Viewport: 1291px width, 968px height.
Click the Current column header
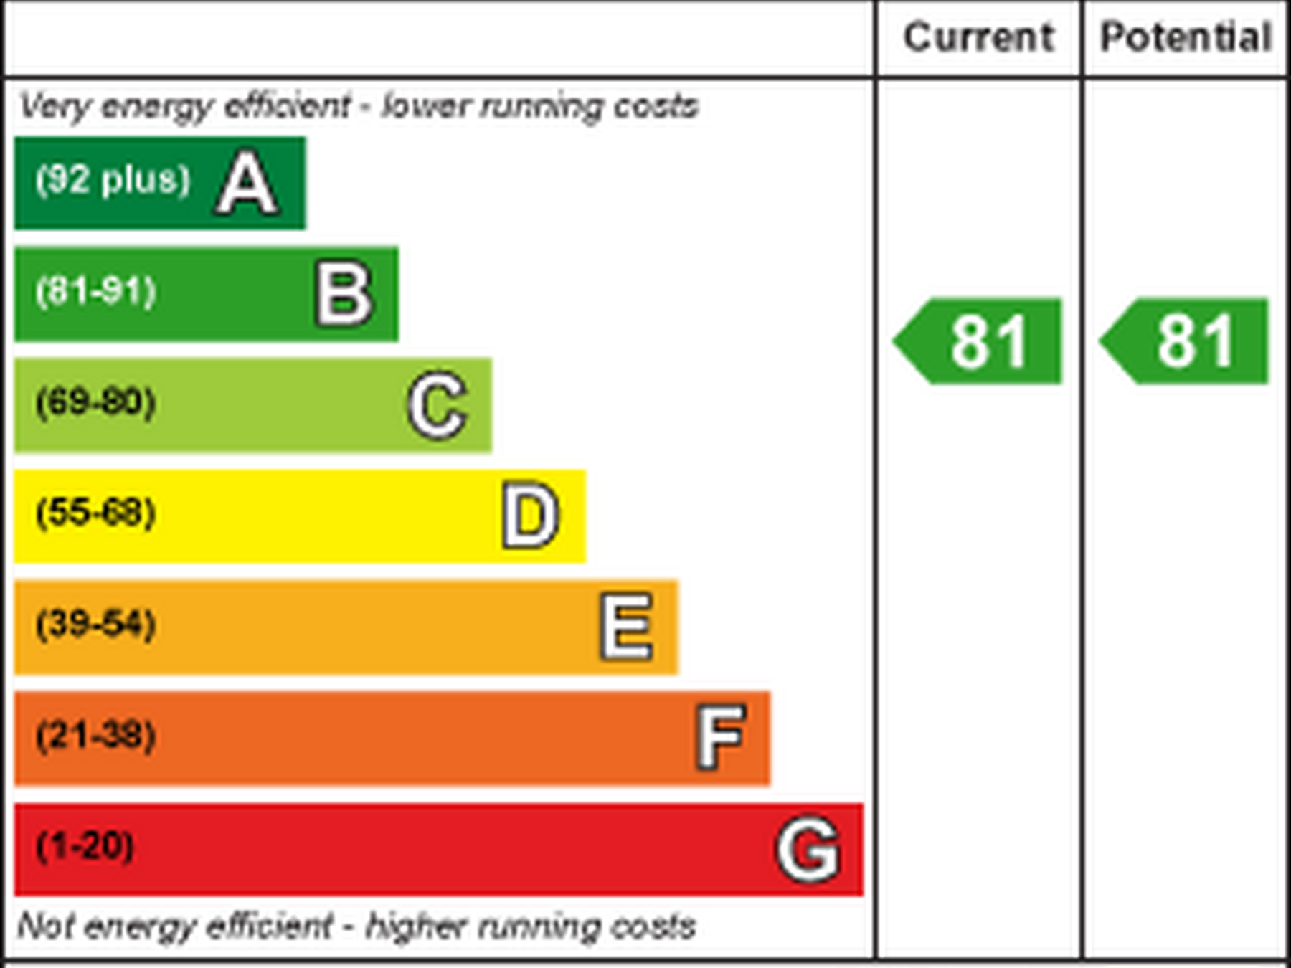(x=978, y=37)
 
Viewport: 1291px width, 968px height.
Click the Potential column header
(x=1186, y=37)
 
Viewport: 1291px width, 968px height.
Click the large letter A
(x=247, y=184)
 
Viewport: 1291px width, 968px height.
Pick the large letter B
(x=344, y=294)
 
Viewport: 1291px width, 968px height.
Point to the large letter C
(x=438, y=405)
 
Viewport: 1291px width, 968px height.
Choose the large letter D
(x=530, y=516)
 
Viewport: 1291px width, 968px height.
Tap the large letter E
(x=627, y=627)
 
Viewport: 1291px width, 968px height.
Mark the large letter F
(x=721, y=736)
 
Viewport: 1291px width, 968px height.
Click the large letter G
(x=808, y=849)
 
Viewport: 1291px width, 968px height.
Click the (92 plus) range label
(x=113, y=179)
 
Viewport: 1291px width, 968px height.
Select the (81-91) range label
(x=96, y=291)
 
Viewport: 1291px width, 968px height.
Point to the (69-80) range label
(x=96, y=402)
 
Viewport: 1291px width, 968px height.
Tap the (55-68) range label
(x=96, y=513)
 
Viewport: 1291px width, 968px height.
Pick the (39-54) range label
(x=96, y=624)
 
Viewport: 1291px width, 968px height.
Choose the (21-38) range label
(x=96, y=735)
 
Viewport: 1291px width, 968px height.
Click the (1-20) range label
(x=85, y=846)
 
